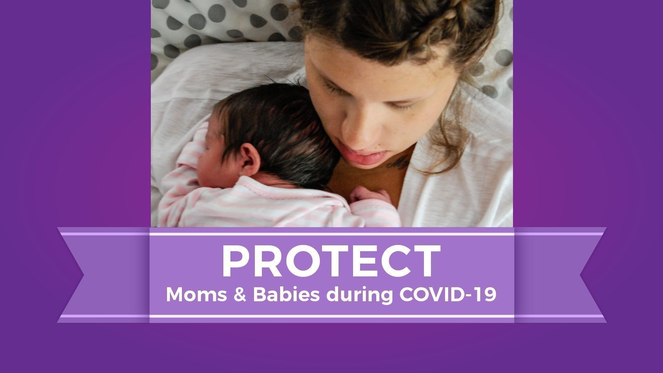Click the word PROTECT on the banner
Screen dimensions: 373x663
(x=331, y=261)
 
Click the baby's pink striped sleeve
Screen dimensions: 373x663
(x=186, y=174)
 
